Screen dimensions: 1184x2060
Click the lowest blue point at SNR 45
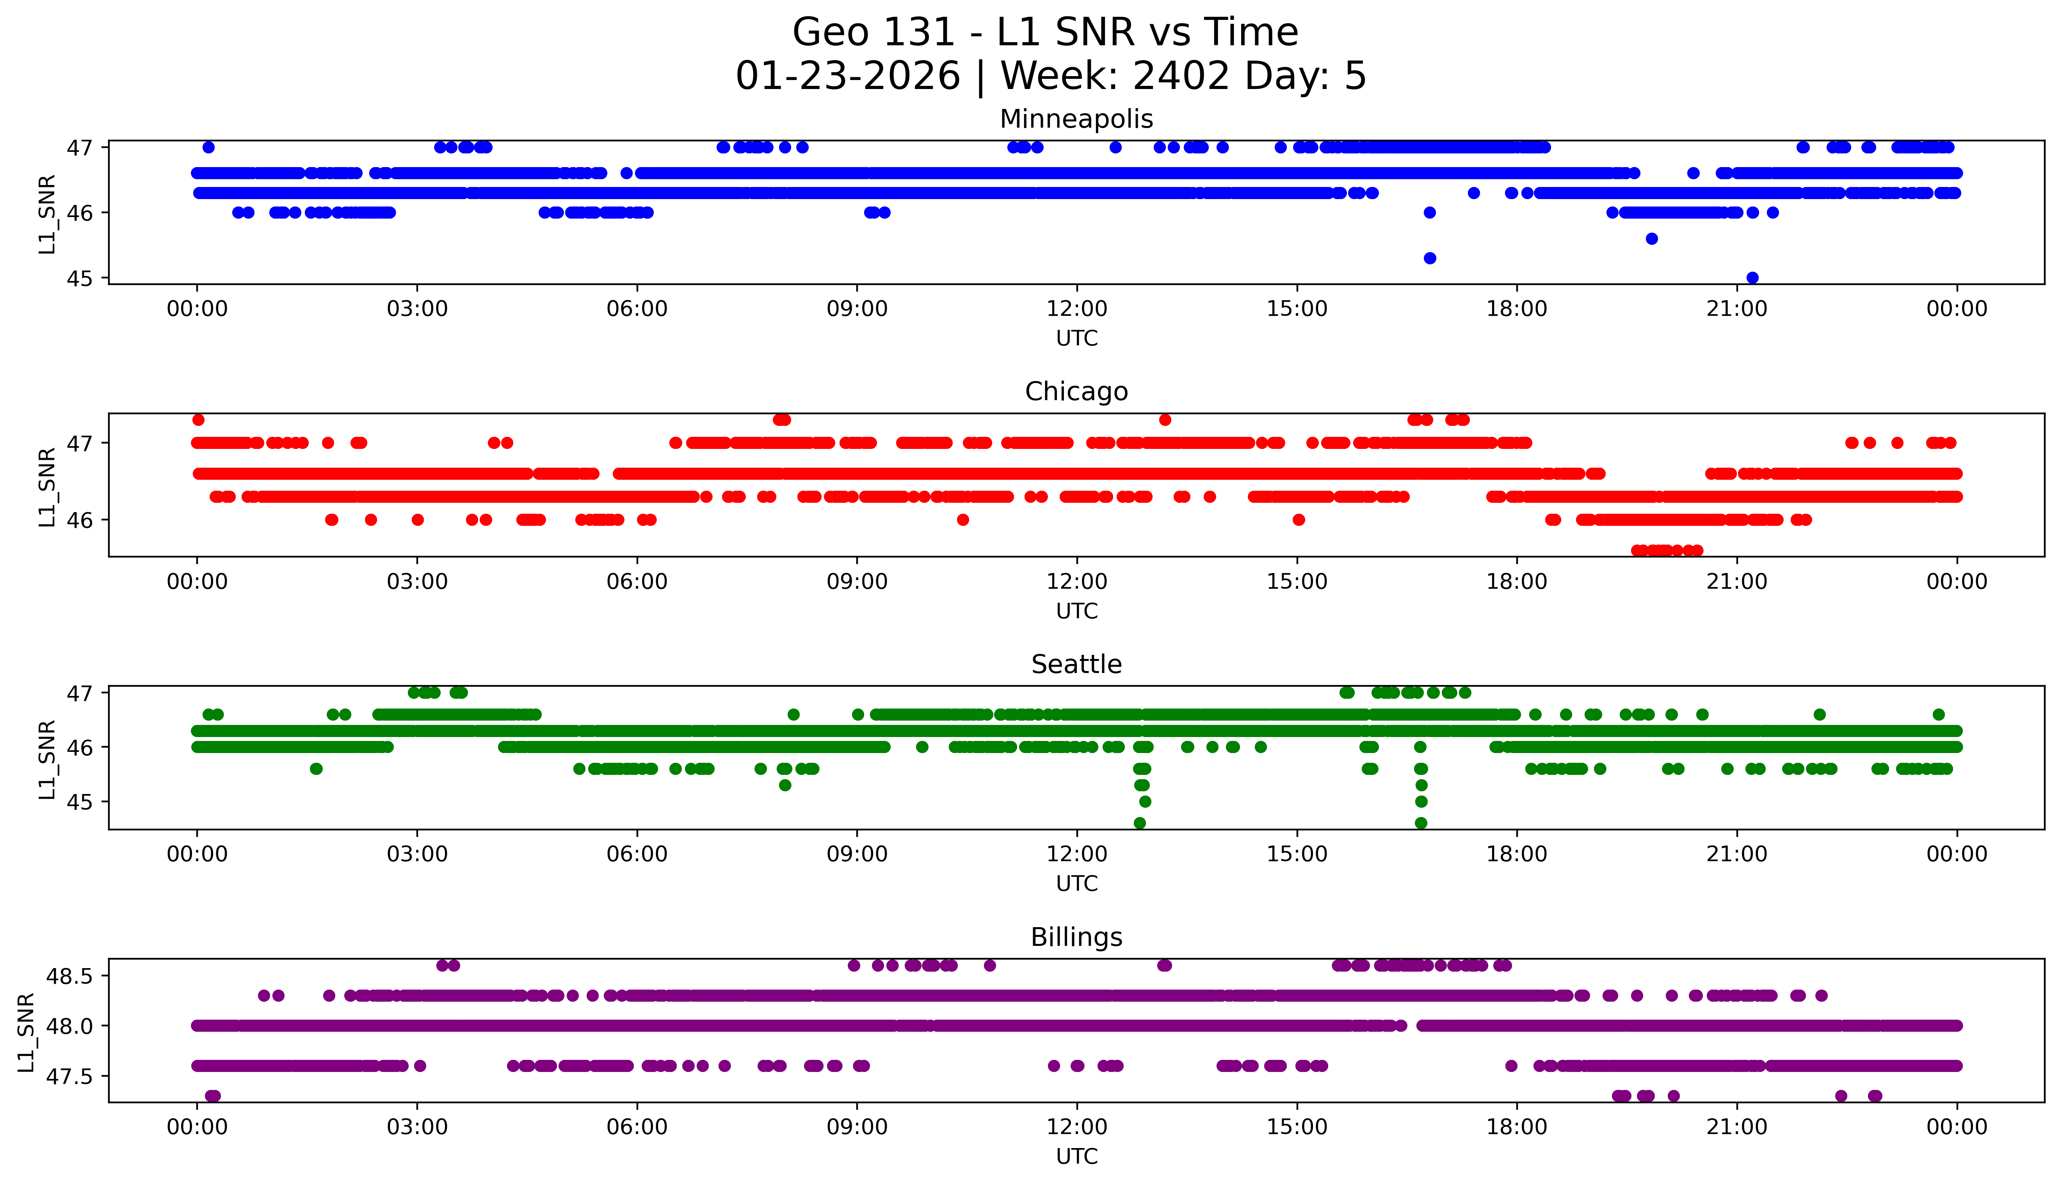1752,277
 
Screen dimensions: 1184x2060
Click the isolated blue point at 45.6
1651,238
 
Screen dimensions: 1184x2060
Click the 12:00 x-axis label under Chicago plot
1076,581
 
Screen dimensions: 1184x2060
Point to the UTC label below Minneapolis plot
1076,338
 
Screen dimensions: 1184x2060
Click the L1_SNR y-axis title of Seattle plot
47,759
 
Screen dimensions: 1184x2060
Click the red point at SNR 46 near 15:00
1298,520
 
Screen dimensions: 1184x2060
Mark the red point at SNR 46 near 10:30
962,520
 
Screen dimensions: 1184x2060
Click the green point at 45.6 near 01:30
316,769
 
